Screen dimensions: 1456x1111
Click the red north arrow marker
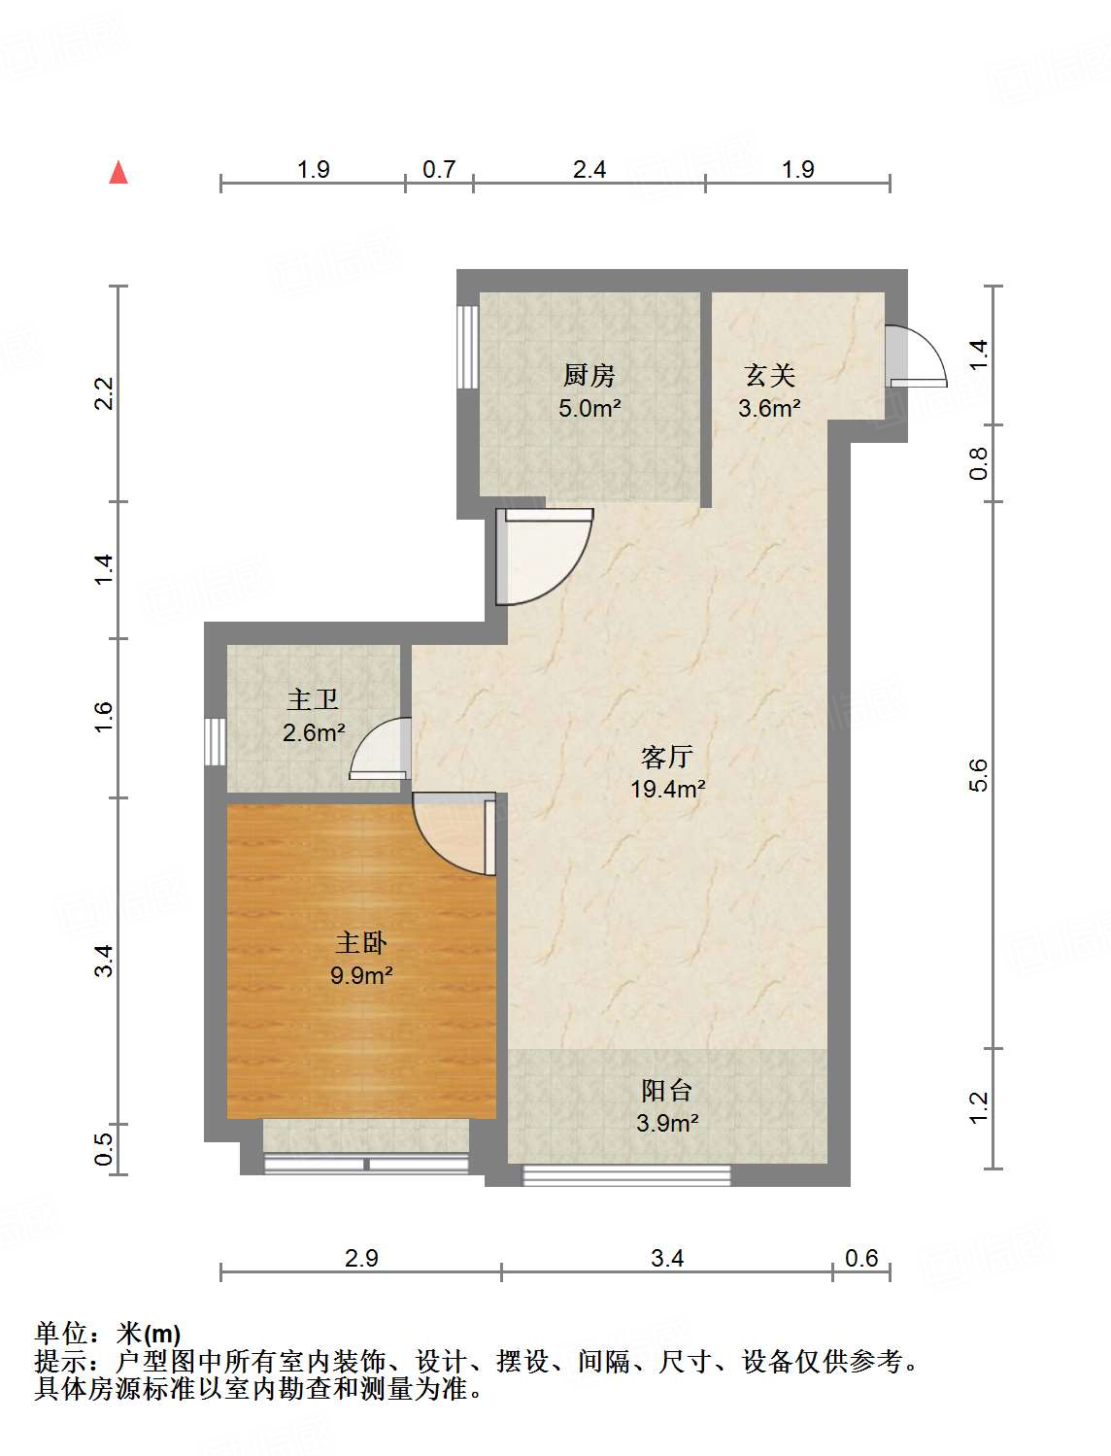coord(118,173)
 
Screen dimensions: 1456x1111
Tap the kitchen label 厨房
coord(589,375)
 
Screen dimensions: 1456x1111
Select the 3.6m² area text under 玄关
coord(769,408)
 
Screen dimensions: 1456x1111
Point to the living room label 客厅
coord(667,757)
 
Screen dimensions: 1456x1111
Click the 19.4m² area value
coord(668,789)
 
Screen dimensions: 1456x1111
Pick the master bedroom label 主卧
coord(361,943)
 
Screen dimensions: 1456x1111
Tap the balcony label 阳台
coord(667,1091)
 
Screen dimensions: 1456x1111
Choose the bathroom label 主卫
coord(313,700)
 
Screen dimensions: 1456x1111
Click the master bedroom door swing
coord(453,833)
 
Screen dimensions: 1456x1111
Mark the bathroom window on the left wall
coord(215,742)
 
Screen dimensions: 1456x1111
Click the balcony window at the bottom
coord(626,1175)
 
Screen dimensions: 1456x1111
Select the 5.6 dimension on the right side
coord(978,775)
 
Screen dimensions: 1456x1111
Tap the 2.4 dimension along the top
coord(589,170)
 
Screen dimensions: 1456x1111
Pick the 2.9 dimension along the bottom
coord(361,1259)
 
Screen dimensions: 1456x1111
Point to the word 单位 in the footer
coord(61,1334)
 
